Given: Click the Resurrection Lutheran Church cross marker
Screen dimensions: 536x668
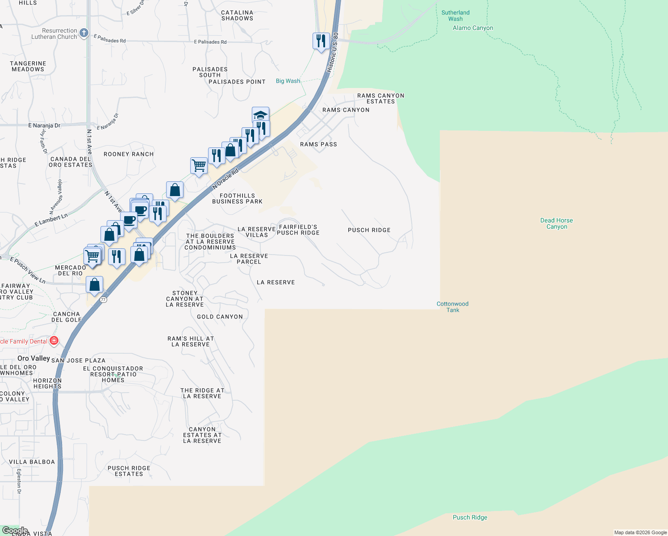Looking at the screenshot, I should tap(84, 33).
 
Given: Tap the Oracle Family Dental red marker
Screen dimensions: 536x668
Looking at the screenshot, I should tap(54, 341).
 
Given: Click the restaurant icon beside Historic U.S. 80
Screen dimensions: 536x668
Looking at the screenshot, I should tap(321, 41).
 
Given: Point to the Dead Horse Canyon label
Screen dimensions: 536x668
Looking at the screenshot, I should tap(556, 223).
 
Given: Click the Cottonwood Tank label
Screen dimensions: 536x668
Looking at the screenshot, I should tap(452, 307).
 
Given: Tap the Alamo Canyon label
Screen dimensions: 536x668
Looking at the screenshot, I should tap(473, 28).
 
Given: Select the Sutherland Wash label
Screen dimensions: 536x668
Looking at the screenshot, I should tap(455, 16).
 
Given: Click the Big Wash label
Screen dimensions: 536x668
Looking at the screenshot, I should tap(288, 81).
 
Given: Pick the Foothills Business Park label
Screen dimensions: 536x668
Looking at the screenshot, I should tap(237, 198).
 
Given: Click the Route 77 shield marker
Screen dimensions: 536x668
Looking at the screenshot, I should tap(104, 300).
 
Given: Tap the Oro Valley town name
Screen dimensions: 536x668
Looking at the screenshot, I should tap(33, 358).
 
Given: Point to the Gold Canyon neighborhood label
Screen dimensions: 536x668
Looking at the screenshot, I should tap(220, 317).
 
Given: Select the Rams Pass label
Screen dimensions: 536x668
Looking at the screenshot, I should tap(318, 144).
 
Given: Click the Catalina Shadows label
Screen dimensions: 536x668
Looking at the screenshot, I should tap(237, 16).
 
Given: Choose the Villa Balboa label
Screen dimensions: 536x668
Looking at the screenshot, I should tap(32, 462).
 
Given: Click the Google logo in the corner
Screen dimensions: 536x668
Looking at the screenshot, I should tap(15, 531).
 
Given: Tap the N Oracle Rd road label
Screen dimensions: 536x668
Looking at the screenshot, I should tap(225, 179).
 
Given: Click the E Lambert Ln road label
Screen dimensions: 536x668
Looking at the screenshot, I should tap(51, 220).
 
